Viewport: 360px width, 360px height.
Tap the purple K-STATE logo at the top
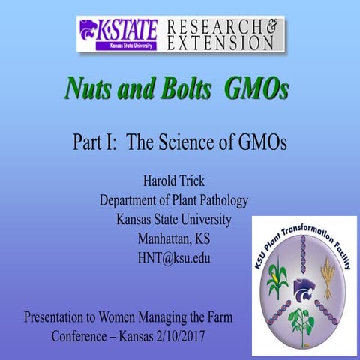118,34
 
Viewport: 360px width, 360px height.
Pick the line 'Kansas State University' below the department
173,220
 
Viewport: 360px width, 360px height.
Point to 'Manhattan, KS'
173,240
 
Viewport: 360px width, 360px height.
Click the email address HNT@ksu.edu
173,259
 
